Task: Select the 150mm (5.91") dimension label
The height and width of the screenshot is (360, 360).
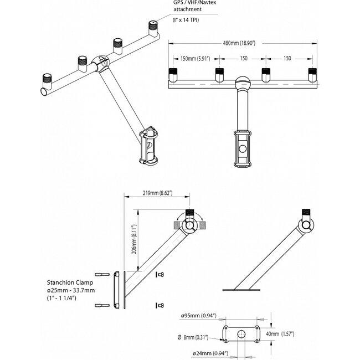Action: coord(195,59)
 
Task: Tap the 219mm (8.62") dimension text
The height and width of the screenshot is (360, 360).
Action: coord(157,193)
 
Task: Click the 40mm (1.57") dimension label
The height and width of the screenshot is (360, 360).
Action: coord(280,334)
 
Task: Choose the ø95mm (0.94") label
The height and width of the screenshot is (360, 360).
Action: coord(197,316)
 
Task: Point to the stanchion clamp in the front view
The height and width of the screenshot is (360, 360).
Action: coord(242,148)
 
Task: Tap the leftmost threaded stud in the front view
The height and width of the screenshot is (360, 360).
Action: coord(172,74)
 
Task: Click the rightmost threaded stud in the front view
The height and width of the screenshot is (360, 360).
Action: coord(312,74)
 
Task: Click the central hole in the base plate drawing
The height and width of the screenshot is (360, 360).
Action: coord(242,334)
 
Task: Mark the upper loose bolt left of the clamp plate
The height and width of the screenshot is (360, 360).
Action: coord(102,274)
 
